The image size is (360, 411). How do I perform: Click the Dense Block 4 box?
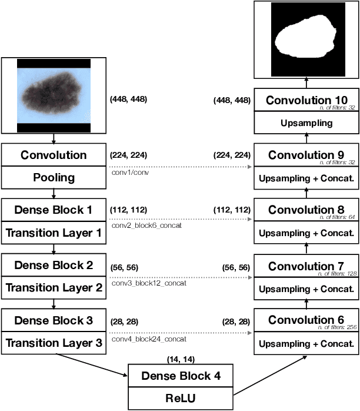point(181,376)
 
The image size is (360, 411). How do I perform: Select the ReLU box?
point(181,398)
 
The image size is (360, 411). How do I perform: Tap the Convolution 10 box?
point(306,101)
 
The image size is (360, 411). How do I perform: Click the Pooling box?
point(54,178)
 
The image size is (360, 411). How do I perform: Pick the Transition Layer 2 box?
point(54,288)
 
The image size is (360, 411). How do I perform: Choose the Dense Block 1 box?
point(54,210)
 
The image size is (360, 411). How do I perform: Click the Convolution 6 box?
point(306,321)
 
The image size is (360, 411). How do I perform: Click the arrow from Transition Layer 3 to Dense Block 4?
point(91,364)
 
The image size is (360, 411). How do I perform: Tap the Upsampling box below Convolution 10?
point(306,123)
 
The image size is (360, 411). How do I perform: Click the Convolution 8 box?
point(306,210)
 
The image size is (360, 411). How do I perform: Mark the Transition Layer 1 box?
point(54,233)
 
